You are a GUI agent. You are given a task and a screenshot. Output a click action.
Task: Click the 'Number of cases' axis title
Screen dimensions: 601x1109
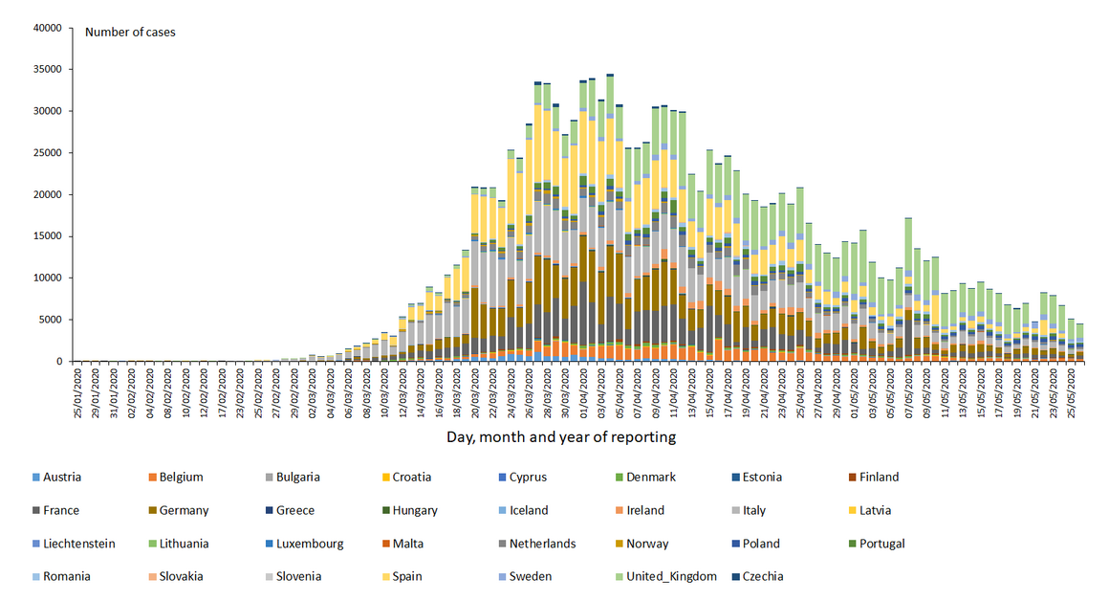130,33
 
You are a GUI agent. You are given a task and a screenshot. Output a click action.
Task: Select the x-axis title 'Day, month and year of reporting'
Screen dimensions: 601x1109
561,437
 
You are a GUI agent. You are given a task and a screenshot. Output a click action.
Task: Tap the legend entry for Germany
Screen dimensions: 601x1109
185,511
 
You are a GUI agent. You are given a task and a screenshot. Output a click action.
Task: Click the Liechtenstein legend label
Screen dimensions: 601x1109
80,544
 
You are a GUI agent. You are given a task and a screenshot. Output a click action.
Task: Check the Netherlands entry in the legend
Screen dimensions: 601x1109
542,544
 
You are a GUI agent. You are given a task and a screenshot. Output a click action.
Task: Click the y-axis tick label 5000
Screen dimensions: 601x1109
50,320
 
